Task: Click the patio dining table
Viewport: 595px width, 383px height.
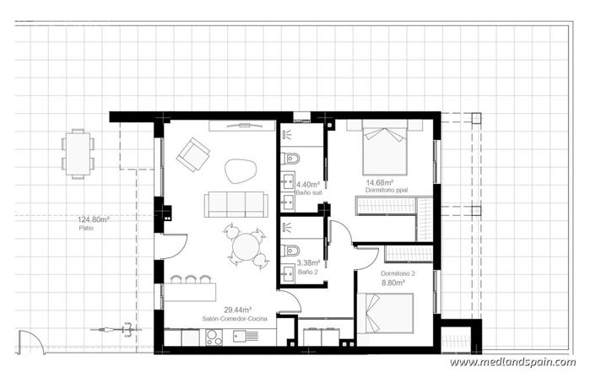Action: [78, 154]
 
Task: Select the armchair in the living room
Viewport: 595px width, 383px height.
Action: [193, 154]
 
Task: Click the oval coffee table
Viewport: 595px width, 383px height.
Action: [241, 171]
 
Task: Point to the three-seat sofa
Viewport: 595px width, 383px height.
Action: [235, 203]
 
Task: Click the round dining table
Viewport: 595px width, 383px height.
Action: [246, 247]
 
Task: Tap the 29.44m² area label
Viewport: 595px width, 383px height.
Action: [234, 310]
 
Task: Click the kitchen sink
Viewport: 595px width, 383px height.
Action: [246, 337]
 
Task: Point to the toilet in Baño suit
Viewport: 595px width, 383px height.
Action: [291, 158]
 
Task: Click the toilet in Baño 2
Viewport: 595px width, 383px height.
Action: [291, 250]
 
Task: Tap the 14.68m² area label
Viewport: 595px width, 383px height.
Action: [381, 181]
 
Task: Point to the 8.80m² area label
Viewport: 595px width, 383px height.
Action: [393, 283]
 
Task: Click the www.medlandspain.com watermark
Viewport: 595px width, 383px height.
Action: [512, 362]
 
